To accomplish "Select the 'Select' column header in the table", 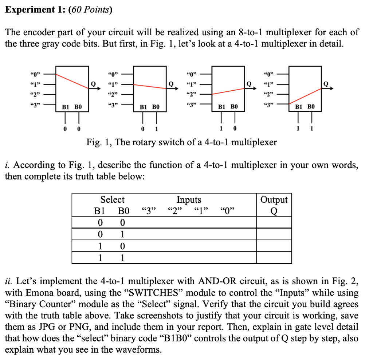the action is coord(112,199).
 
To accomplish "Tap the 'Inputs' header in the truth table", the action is coord(189,199).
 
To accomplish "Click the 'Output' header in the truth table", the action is coord(274,199).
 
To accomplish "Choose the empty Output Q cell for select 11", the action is coord(274,258).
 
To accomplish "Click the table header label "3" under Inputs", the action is coord(148,211).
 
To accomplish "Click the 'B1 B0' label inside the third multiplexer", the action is coord(227,107).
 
